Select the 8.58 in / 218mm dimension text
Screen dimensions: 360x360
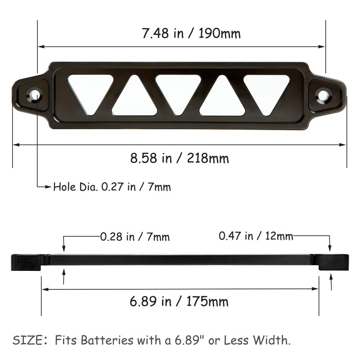180,158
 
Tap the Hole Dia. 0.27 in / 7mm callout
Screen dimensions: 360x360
112,187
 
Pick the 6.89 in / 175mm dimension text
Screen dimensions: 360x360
179,301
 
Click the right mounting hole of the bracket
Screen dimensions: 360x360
324,95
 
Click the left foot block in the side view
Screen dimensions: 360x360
26,262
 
